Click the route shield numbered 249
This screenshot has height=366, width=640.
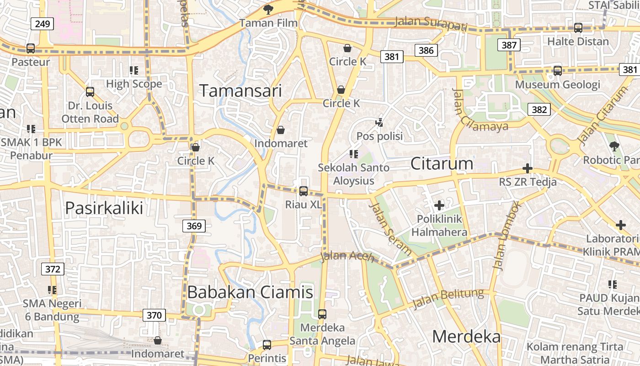coord(42,24)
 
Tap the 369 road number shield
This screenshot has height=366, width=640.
coord(194,226)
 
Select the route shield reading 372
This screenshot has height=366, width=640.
coord(53,269)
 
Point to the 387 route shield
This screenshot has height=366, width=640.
coord(509,45)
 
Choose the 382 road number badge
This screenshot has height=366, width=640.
coord(539,109)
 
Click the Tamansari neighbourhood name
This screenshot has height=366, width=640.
coord(240,91)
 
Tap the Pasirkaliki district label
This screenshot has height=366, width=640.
coord(104,208)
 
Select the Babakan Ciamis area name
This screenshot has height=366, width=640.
coord(251,292)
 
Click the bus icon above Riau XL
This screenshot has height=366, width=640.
coord(304,191)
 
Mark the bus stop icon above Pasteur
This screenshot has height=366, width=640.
coord(31,48)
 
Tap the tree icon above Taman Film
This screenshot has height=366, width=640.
coord(268,9)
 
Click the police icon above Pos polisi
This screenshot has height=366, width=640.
coord(379,123)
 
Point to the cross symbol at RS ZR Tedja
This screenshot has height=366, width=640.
coord(528,168)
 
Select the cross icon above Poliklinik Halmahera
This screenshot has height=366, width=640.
coord(439,205)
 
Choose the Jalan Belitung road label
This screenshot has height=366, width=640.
coord(448,299)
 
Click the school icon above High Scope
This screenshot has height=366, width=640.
coord(134,70)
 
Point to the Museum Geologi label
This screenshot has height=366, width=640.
coord(558,85)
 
